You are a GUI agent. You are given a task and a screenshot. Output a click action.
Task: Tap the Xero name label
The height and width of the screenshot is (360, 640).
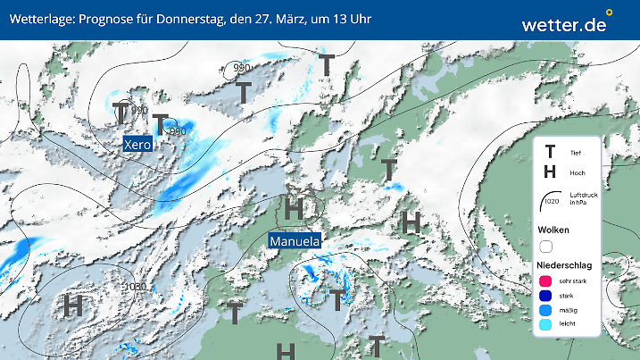tap(137, 144)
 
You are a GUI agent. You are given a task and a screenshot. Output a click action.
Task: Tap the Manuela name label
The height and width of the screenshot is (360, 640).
tap(295, 241)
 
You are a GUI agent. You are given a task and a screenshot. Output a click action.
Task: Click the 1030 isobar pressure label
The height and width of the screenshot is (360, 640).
tap(136, 287)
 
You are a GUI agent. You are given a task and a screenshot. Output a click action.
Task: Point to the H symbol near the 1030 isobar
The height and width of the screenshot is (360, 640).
tap(73, 305)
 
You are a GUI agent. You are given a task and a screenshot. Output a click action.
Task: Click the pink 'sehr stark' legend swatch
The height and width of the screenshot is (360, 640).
tap(546, 282)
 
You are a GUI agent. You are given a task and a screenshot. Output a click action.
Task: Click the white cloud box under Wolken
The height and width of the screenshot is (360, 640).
tap(546, 246)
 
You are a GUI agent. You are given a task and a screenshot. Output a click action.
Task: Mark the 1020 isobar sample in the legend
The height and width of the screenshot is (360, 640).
tap(550, 203)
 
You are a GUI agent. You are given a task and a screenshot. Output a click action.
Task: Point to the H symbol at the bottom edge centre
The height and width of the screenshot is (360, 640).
tap(285, 350)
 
